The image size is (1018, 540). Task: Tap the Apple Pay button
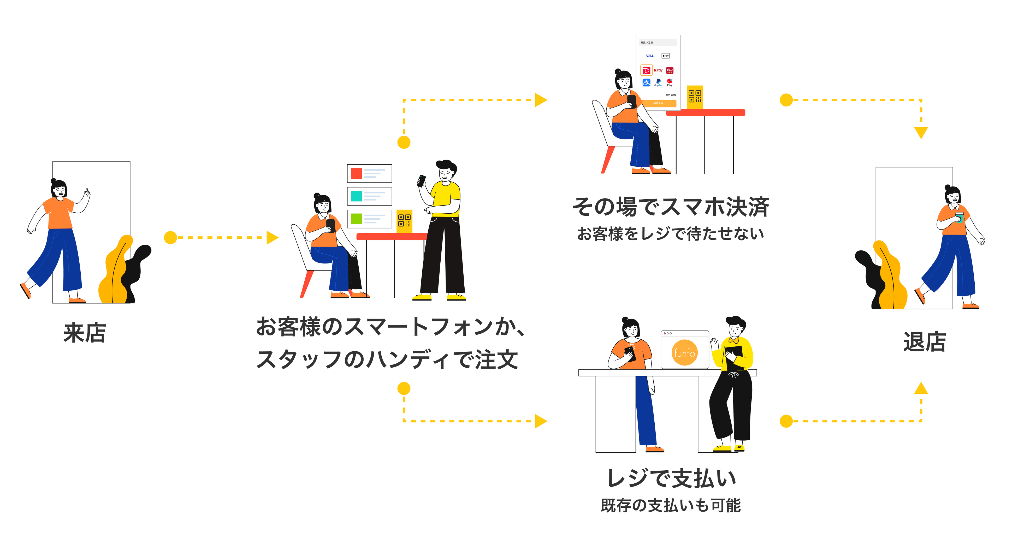point(666,56)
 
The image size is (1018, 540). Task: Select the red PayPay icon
point(646,71)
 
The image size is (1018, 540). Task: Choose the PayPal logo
point(658,82)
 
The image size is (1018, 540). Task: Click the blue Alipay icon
point(646,82)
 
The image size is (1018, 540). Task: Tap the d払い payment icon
point(670,70)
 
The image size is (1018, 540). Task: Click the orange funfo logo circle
point(684,352)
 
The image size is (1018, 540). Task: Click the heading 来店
point(85,333)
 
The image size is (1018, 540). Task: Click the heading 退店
point(924,342)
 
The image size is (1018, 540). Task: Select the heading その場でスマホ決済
point(671,207)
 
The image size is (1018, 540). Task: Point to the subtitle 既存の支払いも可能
point(671,505)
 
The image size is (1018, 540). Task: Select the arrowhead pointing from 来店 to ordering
point(272,237)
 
